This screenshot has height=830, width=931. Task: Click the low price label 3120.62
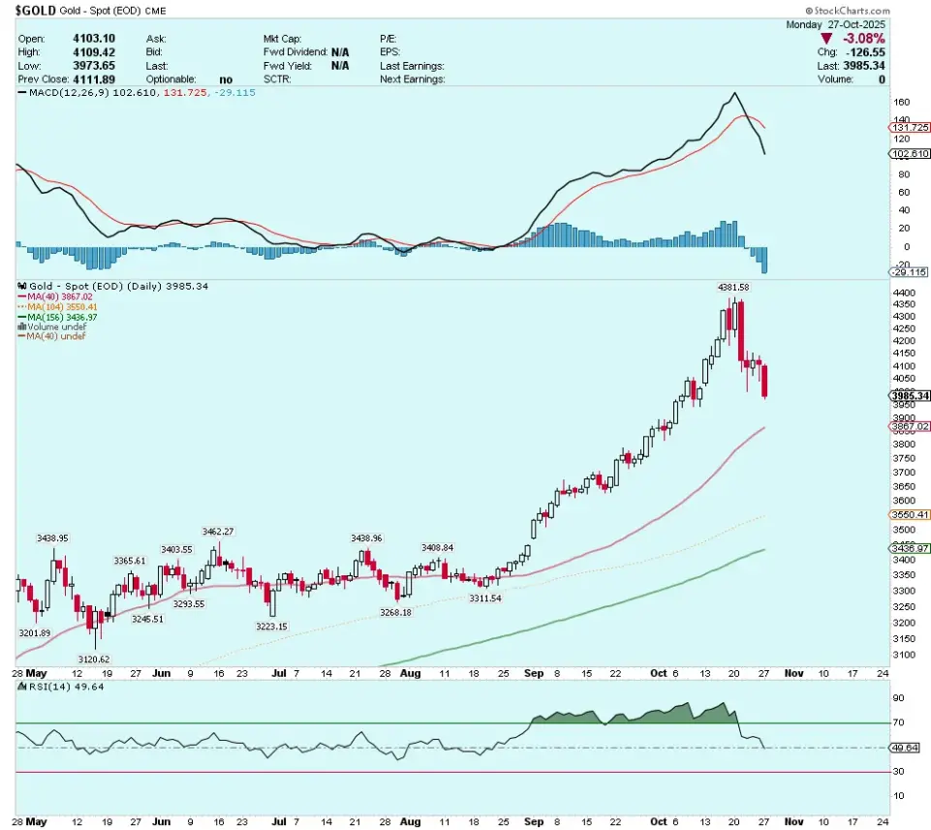pos(94,659)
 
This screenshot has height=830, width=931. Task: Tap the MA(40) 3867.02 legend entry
pos(61,296)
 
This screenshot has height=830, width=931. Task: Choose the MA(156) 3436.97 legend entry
pos(63,317)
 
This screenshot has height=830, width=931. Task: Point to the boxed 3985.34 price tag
pos(910,396)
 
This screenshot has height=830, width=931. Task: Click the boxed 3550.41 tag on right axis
pos(910,514)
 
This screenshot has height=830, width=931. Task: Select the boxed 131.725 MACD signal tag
pos(910,127)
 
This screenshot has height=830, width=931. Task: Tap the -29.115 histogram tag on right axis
pos(910,274)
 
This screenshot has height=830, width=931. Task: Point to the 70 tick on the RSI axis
pos(899,722)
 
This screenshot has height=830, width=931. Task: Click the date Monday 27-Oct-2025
pos(843,22)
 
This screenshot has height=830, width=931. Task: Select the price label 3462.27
pos(219,531)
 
